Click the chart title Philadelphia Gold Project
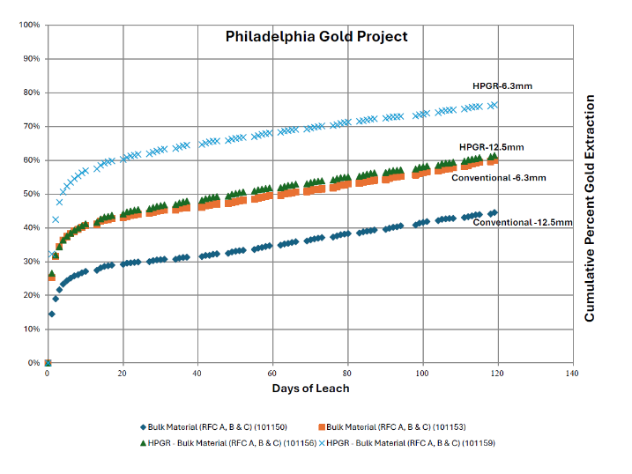click(316, 37)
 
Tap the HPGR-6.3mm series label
click(502, 86)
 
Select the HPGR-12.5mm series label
click(492, 146)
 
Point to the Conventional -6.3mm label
click(498, 178)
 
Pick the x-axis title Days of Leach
click(309, 389)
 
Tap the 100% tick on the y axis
click(29, 25)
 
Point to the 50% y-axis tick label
click(31, 194)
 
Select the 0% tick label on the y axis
click(33, 363)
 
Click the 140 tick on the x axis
click(574, 374)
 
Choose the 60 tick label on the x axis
click(273, 374)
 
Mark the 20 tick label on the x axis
click(123, 374)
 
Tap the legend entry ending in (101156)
click(226, 442)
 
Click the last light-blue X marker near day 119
click(494, 105)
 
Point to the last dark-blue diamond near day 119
click(494, 212)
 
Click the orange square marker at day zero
click(48, 363)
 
